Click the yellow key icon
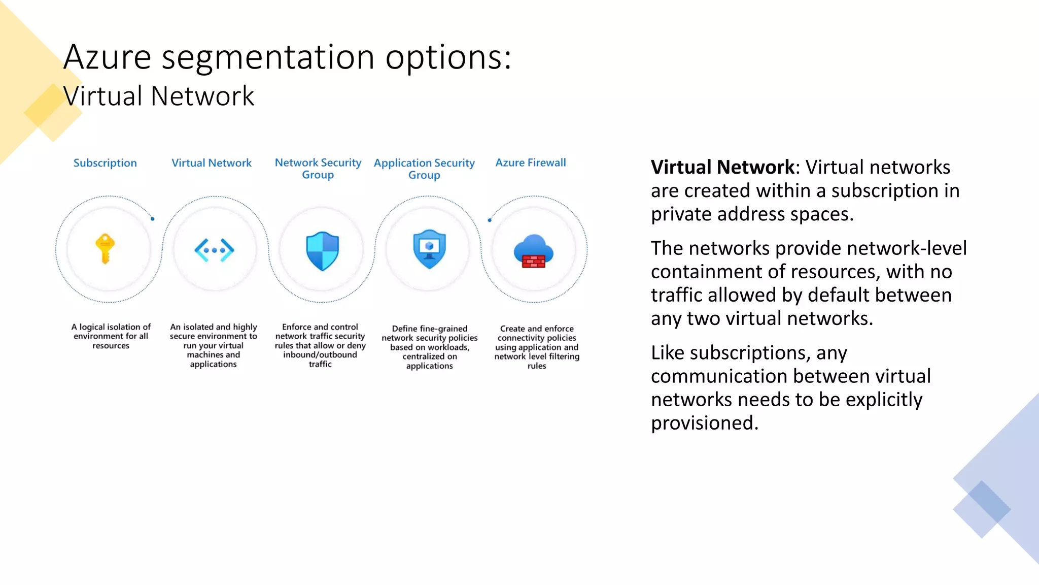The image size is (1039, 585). click(x=105, y=249)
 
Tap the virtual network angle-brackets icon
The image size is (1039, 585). click(x=214, y=250)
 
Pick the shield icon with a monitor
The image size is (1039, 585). click(x=429, y=249)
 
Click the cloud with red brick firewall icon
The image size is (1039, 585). click(x=533, y=251)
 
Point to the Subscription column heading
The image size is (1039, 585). click(x=105, y=163)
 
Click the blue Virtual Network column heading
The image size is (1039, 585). click(x=212, y=163)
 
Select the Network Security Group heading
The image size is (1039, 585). click(x=318, y=169)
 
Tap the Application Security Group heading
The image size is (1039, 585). click(x=424, y=169)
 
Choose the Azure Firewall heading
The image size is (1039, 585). click(x=531, y=162)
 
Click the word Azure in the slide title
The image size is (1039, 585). click(x=108, y=57)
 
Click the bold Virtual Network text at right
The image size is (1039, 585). click(x=722, y=167)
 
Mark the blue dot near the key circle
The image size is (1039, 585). click(x=153, y=219)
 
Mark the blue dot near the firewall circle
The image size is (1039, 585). click(x=490, y=220)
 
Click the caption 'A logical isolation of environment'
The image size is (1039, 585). click(x=111, y=332)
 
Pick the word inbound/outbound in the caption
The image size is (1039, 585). click(x=320, y=354)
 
